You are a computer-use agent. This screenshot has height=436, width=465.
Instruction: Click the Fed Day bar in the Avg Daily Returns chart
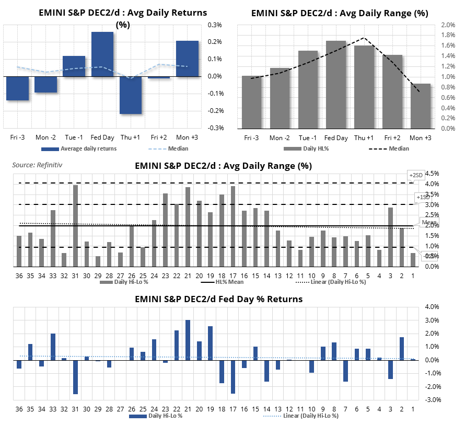(102, 54)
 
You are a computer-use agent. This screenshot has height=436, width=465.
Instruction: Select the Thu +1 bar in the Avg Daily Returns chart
(131, 95)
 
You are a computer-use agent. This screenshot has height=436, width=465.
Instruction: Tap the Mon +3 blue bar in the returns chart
(187, 59)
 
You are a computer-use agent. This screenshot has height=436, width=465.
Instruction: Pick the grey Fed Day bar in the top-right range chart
(336, 84)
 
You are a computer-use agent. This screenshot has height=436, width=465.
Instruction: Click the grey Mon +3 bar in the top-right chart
(421, 106)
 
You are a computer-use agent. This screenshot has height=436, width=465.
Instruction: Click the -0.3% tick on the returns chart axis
(216, 128)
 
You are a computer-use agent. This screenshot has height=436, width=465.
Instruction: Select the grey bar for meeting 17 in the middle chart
(233, 226)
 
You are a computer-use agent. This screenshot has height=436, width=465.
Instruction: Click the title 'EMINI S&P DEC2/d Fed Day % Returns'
(218, 300)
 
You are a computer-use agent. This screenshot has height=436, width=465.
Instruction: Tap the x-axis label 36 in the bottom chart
(19, 408)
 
